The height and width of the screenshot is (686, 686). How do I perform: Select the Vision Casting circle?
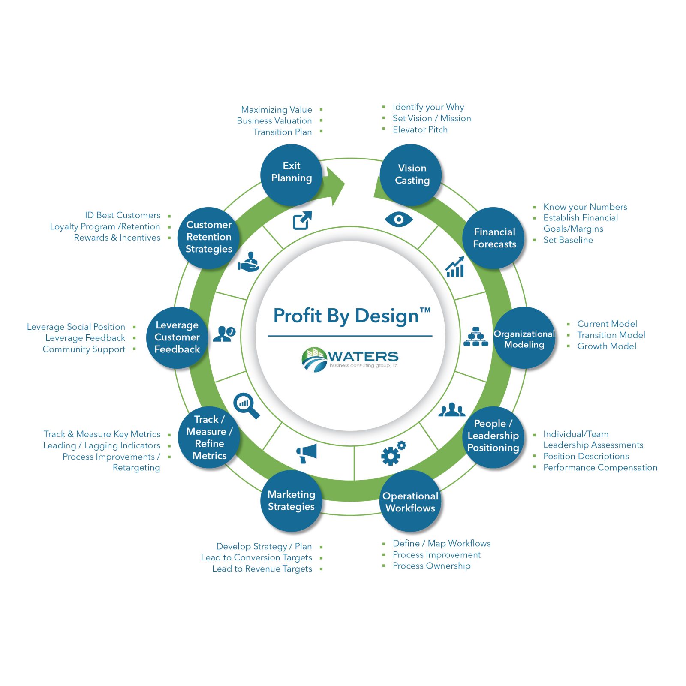(411, 175)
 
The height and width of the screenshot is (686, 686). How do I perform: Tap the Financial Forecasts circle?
(494, 238)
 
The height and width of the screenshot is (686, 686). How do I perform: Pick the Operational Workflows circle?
(410, 501)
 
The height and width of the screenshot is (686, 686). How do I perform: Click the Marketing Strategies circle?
(292, 501)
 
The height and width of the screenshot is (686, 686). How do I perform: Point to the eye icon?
(399, 220)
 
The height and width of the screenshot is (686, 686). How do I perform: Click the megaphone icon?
(306, 453)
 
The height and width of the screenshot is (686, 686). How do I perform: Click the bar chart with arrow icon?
(455, 267)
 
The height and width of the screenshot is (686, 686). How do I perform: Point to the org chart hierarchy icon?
(475, 337)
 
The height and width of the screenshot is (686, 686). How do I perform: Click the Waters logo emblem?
(314, 359)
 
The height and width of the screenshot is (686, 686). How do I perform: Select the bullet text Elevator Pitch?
(420, 129)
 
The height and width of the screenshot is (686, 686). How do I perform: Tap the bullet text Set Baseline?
(568, 240)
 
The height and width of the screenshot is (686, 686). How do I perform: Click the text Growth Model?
(606, 346)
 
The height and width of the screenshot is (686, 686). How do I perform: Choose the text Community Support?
(84, 349)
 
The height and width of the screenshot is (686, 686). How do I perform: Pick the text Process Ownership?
(431, 566)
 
